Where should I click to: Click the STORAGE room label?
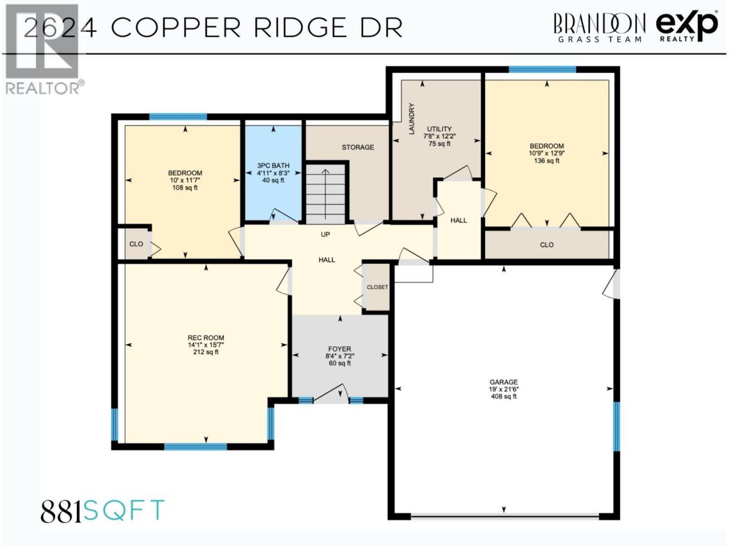pyautogui.click(x=358, y=147)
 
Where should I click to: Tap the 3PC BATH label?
pyautogui.click(x=273, y=166)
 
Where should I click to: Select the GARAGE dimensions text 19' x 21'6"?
pyautogui.click(x=503, y=389)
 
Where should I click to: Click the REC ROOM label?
pyautogui.click(x=206, y=338)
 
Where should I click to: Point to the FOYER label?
pyautogui.click(x=339, y=349)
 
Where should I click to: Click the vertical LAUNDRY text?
pyautogui.click(x=412, y=119)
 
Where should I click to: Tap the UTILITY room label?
pyautogui.click(x=439, y=129)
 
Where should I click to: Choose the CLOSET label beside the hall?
pyautogui.click(x=377, y=287)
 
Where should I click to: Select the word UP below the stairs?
pyautogui.click(x=325, y=234)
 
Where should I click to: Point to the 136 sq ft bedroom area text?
pyautogui.click(x=546, y=161)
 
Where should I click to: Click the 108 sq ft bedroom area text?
pyautogui.click(x=185, y=188)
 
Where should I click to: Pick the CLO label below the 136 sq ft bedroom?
pyautogui.click(x=547, y=245)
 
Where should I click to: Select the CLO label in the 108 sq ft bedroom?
pyautogui.click(x=136, y=244)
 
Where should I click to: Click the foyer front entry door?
pyautogui.click(x=331, y=394)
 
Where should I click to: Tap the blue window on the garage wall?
pyautogui.click(x=616, y=427)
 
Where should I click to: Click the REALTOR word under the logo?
pyautogui.click(x=43, y=88)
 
